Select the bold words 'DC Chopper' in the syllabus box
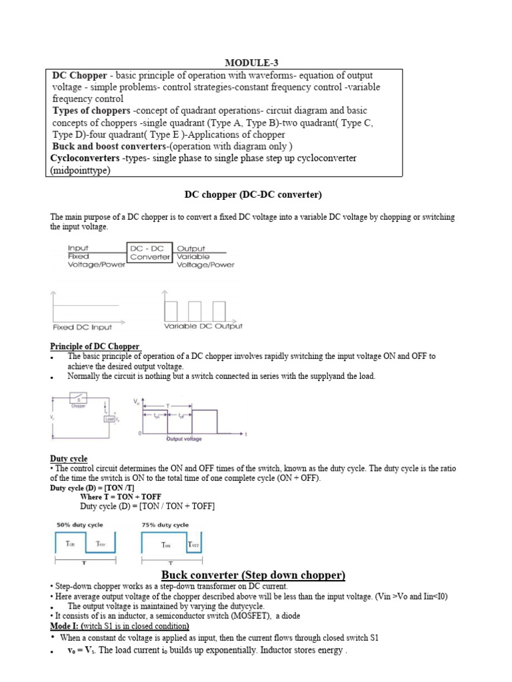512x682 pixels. point(79,75)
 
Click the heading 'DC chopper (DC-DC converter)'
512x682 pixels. point(253,194)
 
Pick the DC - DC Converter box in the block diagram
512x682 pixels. point(150,252)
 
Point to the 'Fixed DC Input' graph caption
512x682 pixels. point(83,327)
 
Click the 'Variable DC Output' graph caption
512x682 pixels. point(203,326)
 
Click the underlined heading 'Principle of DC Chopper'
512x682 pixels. point(95,346)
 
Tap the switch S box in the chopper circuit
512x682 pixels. point(79,401)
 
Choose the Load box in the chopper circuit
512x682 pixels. point(109,419)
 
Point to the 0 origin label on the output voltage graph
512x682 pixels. point(139,434)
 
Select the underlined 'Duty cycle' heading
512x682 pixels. point(69,459)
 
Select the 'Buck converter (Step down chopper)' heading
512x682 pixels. point(253,575)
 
